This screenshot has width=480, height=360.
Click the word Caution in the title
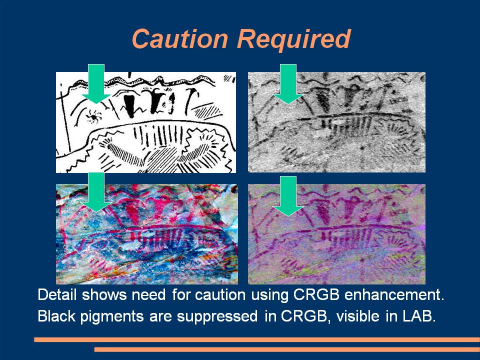click(x=180, y=38)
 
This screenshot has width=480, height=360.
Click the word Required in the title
click(x=294, y=38)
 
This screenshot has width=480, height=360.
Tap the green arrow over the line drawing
click(x=96, y=83)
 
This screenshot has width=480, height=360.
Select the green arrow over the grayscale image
click(x=288, y=83)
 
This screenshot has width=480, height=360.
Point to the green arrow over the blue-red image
click(x=96, y=192)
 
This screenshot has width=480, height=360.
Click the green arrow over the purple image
click(x=288, y=196)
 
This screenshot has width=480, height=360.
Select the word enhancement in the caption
click(x=394, y=294)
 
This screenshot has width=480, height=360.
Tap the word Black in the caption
click(x=56, y=316)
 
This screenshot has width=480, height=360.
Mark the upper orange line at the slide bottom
click(x=257, y=339)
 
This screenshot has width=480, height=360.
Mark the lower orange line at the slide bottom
click(x=287, y=349)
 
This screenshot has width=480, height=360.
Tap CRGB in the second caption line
click(x=304, y=316)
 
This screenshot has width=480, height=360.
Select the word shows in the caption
click(x=104, y=294)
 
